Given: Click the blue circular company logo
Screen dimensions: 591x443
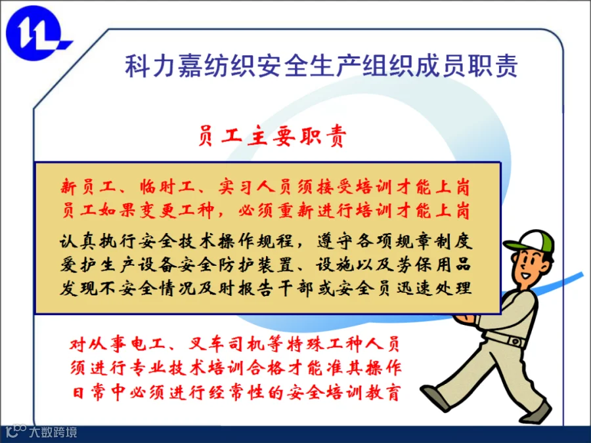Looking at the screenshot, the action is click(x=35, y=33).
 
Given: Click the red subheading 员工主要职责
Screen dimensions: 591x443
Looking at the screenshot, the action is click(x=272, y=136).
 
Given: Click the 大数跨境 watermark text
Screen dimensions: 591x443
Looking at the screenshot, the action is click(x=53, y=432).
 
